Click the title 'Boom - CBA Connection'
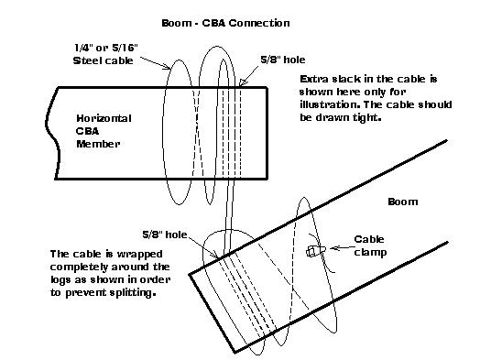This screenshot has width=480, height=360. (x=225, y=23)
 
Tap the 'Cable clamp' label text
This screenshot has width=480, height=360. (x=370, y=245)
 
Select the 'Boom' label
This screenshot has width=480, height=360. (x=402, y=202)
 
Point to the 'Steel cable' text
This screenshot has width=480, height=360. (x=103, y=60)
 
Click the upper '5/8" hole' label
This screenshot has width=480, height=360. (x=283, y=60)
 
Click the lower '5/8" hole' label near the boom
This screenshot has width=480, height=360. (x=165, y=235)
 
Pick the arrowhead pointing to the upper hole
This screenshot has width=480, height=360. (x=243, y=82)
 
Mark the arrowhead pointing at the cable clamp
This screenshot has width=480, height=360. (x=333, y=248)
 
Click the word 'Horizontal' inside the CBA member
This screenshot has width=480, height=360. (x=104, y=118)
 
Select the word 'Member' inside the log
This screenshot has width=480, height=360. (x=98, y=144)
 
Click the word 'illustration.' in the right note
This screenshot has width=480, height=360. (x=330, y=104)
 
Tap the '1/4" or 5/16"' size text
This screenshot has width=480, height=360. (x=106, y=48)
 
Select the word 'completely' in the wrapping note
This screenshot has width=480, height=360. (x=79, y=267)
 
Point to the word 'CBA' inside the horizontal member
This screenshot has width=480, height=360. (x=87, y=131)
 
